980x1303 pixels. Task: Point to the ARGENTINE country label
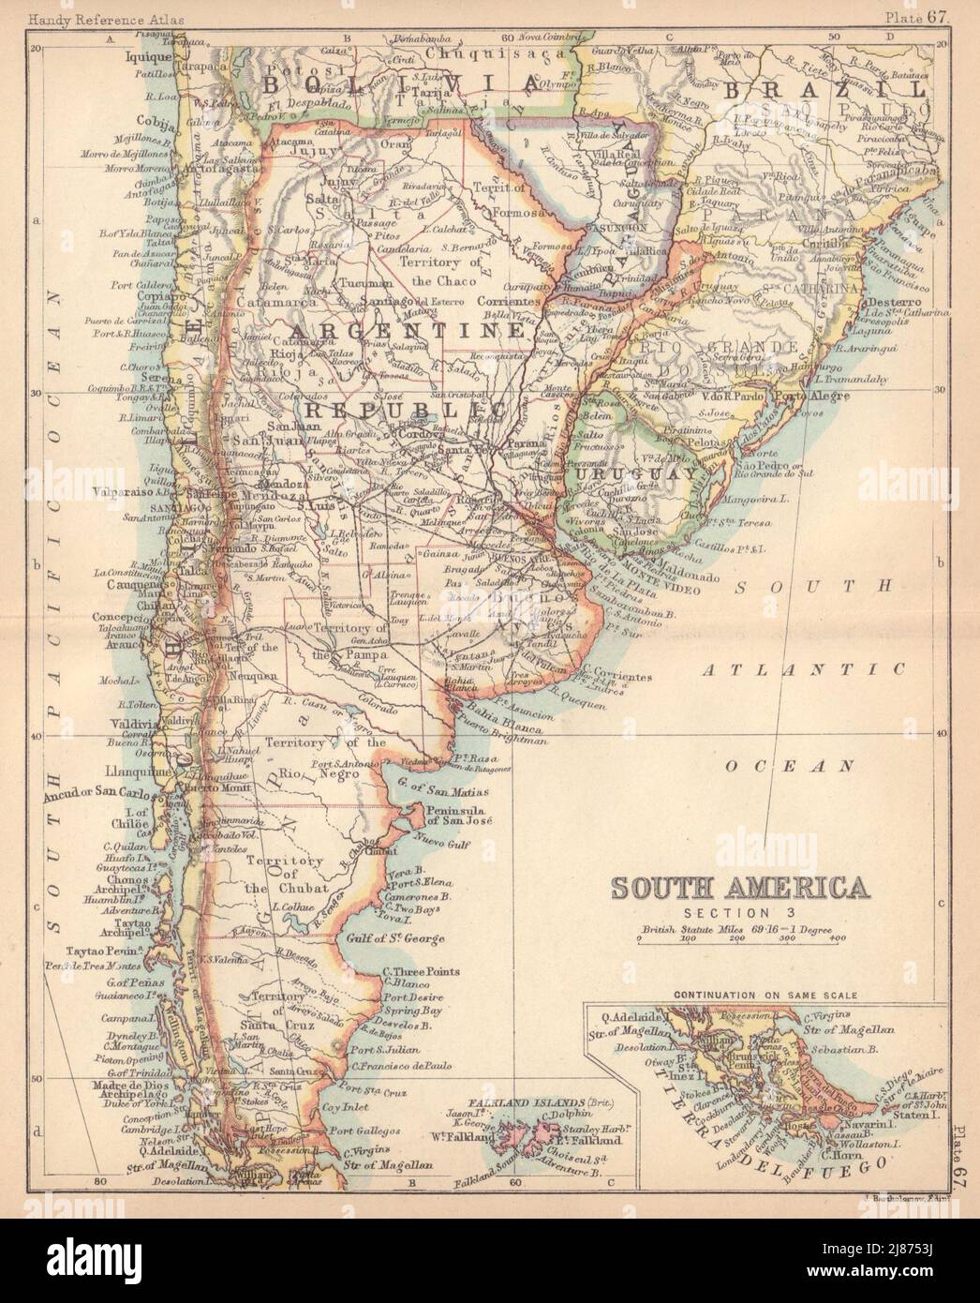(x=405, y=333)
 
